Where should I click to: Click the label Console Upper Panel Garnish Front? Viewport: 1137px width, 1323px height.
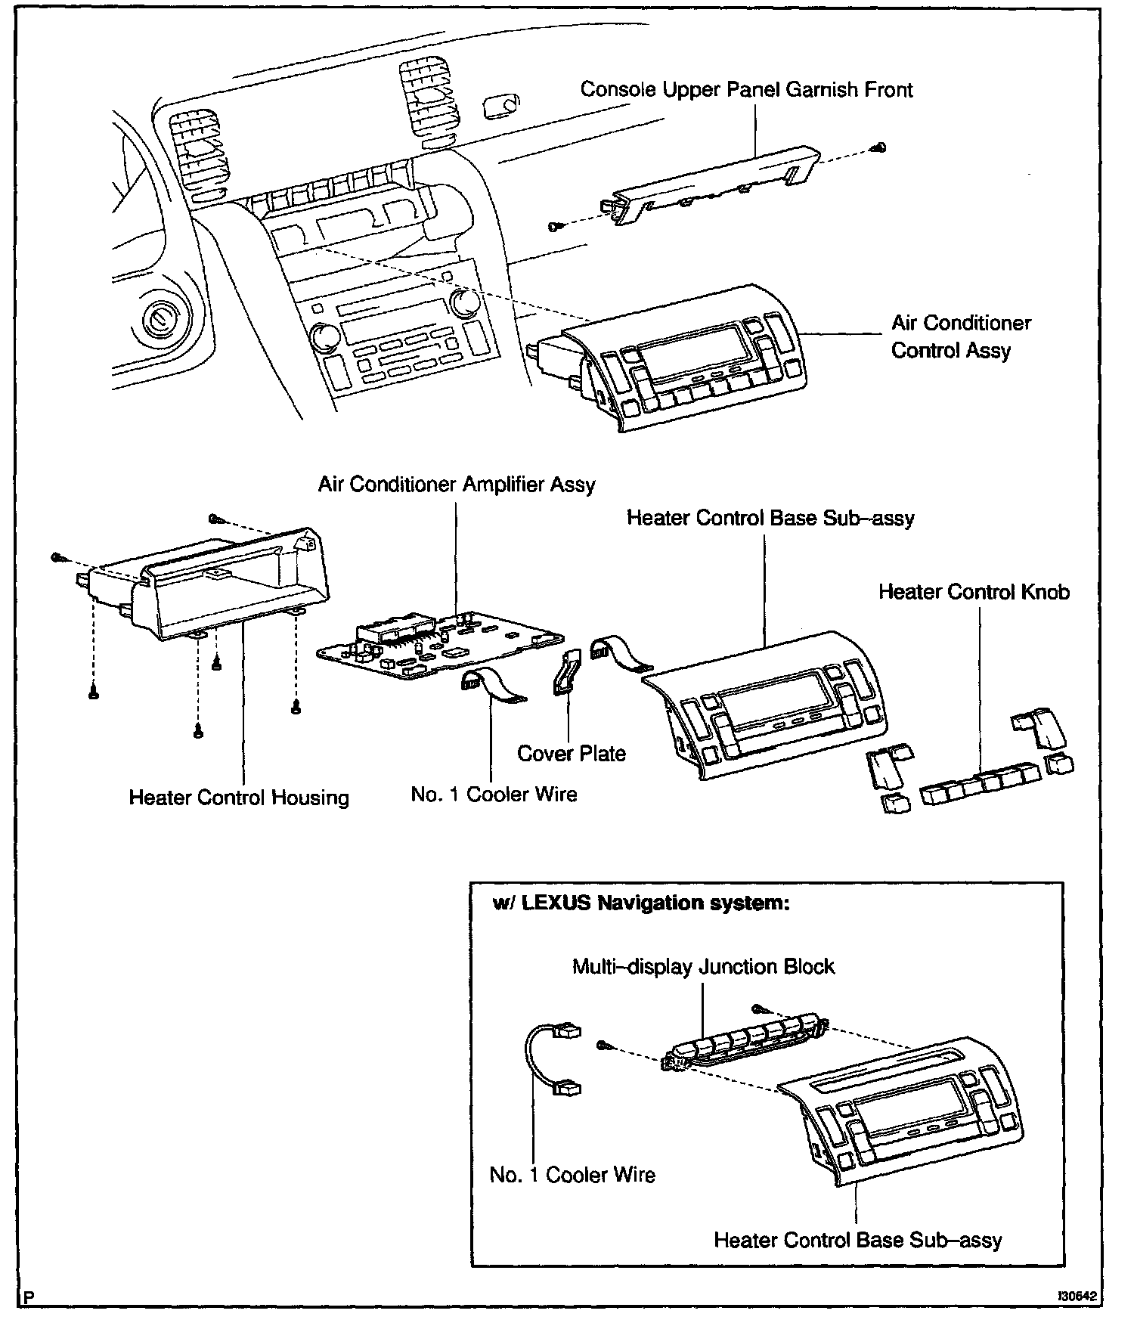pyautogui.click(x=746, y=90)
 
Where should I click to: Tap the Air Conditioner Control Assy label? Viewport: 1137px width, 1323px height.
pyautogui.click(x=960, y=336)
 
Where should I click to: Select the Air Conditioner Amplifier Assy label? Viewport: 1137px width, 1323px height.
pyautogui.click(x=457, y=485)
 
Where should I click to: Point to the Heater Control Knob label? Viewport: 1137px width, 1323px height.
pyautogui.click(x=974, y=592)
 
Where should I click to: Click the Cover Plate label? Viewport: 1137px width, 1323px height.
pyautogui.click(x=572, y=754)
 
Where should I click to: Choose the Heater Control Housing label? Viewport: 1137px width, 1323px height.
pyautogui.click(x=239, y=798)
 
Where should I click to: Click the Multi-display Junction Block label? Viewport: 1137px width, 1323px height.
pyautogui.click(x=703, y=967)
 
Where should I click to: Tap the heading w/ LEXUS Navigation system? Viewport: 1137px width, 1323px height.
pyautogui.click(x=641, y=903)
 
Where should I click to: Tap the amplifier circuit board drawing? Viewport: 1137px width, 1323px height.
pyautogui.click(x=440, y=644)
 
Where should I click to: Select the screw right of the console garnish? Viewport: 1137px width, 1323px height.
pyautogui.click(x=881, y=147)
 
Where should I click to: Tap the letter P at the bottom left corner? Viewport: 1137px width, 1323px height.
pyautogui.click(x=29, y=1298)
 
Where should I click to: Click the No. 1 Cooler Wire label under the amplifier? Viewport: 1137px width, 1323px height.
pyautogui.click(x=494, y=795)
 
